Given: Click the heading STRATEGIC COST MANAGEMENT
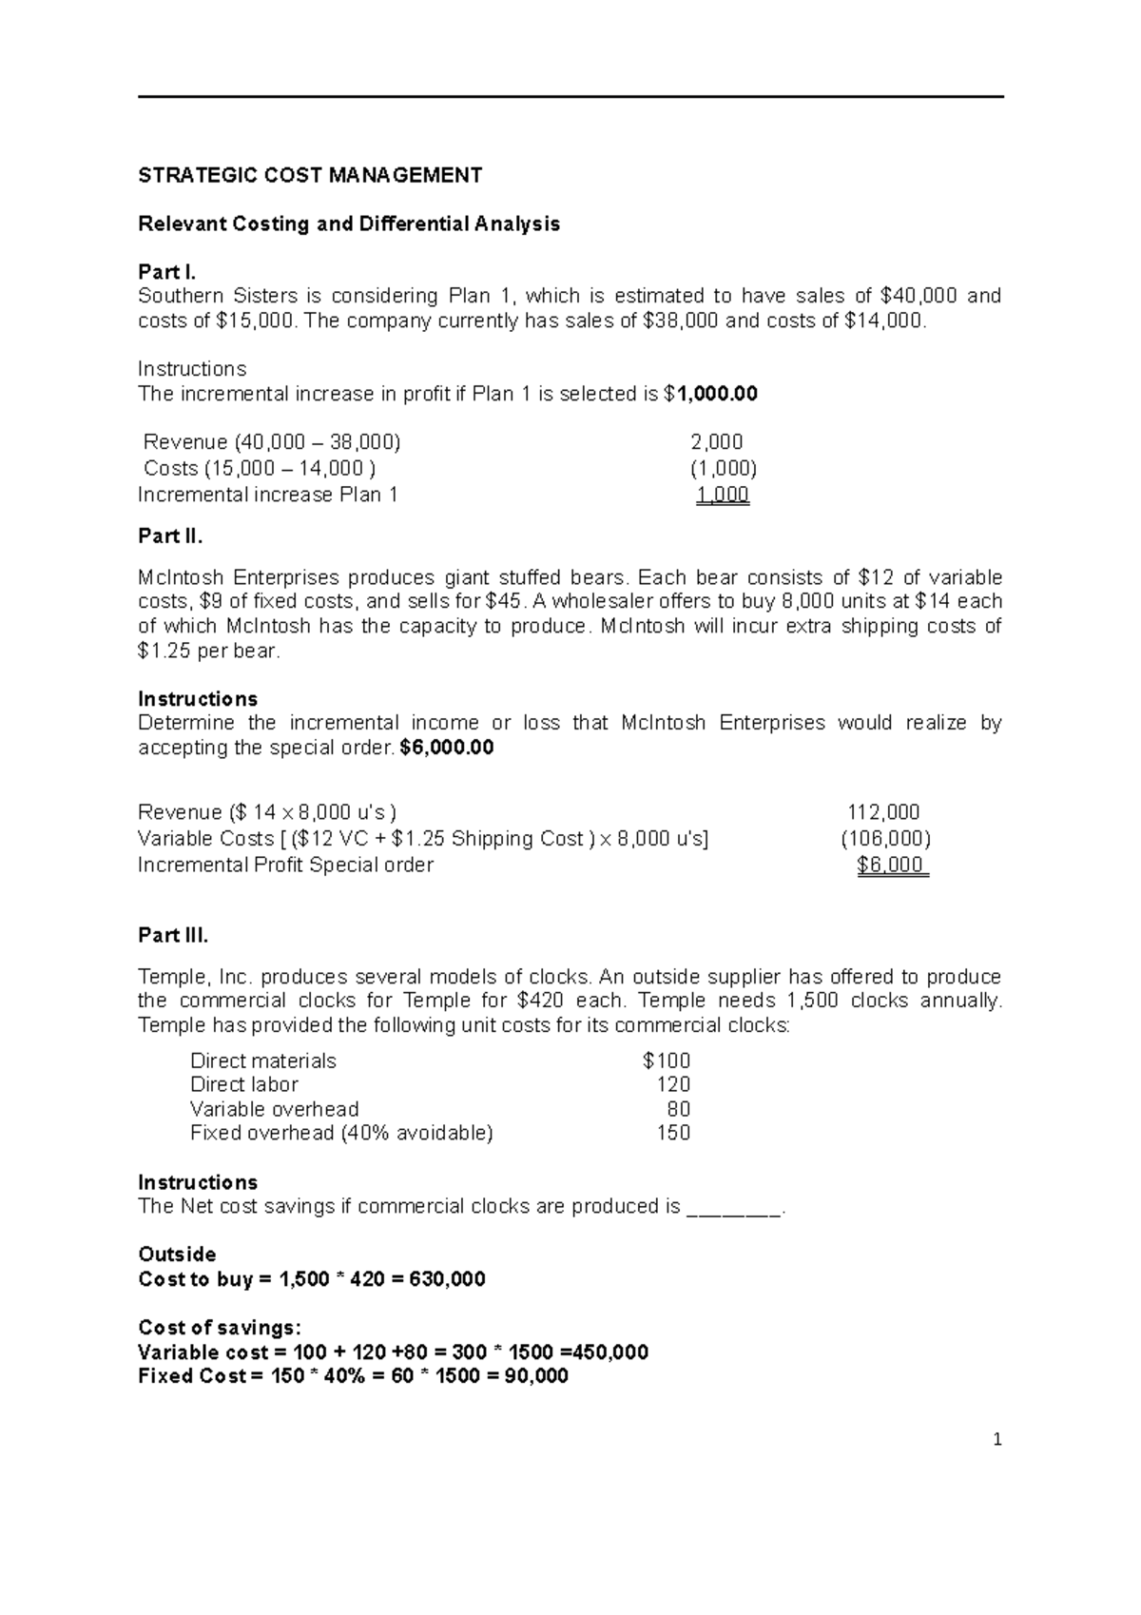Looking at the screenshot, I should coord(310,175).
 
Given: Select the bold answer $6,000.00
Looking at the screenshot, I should coord(447,748).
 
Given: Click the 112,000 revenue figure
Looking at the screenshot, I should coord(883,812).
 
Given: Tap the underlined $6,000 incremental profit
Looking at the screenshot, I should coord(891,866).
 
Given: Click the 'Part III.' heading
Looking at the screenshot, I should coord(173,935).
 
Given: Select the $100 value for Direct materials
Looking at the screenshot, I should coord(667,1060).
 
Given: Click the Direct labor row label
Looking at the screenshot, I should coord(244,1085).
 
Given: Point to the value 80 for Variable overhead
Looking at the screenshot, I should coord(679,1110).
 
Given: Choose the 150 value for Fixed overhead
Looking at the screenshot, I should coord(673,1134).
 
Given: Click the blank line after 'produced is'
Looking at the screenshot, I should coord(733,1208).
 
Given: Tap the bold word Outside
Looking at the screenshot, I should coord(177,1255).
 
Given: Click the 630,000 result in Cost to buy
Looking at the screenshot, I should coord(447,1279).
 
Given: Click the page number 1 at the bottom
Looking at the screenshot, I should coord(997,1440).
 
